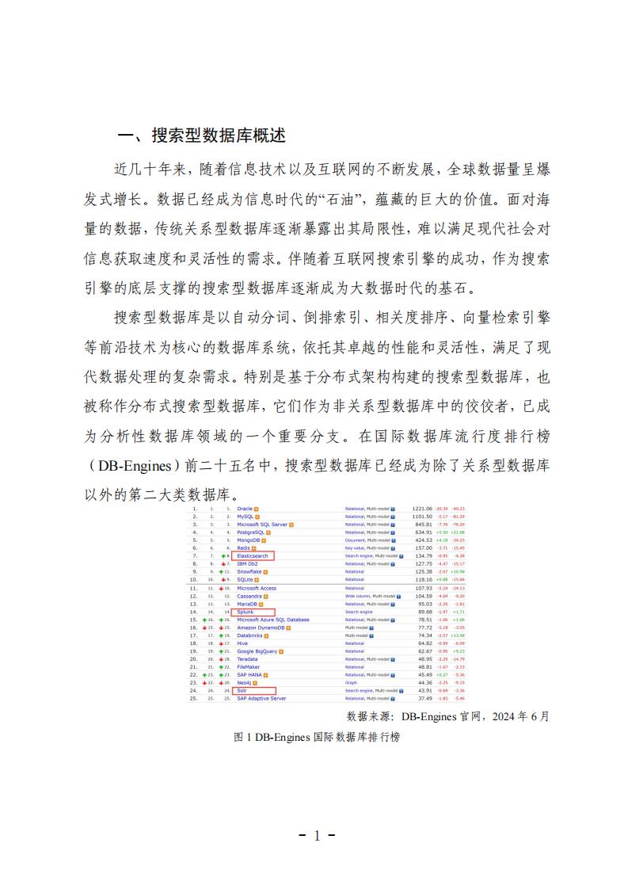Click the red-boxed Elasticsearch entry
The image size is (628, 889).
tap(253, 556)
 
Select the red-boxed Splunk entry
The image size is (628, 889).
tap(245, 612)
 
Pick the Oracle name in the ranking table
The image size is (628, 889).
tap(245, 509)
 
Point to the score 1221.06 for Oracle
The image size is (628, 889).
tap(422, 509)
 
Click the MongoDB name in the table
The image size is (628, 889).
tap(249, 540)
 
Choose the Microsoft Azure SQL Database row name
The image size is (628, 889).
tap(273, 620)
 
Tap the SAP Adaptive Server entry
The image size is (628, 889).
tap(261, 699)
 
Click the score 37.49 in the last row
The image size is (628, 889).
tap(425, 699)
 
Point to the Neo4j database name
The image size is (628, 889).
tap(244, 683)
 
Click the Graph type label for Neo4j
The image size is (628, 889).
tap(351, 683)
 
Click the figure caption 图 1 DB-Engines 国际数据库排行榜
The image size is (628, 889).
tap(317, 737)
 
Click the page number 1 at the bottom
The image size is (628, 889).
tap(315, 836)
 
